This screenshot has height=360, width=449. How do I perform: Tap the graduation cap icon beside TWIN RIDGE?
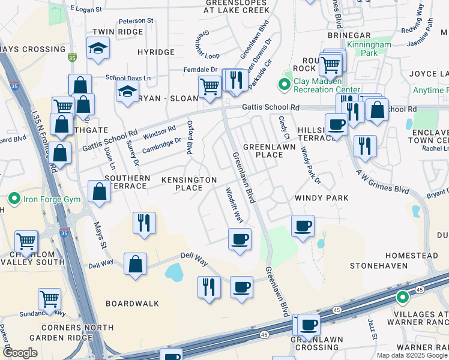click(98, 49)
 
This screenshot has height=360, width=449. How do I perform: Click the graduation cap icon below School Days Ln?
click(127, 92)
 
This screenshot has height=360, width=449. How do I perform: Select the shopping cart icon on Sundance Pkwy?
click(49, 298)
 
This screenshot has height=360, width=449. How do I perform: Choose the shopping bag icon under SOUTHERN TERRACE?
click(99, 191)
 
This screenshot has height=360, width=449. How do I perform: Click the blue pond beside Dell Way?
click(174, 274)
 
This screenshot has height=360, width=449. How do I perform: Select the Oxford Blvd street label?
click(190, 138)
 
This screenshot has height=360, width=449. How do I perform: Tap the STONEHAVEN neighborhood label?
click(379, 265)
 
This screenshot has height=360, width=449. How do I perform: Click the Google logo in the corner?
click(21, 353)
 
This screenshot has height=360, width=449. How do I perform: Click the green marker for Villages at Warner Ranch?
click(402, 296)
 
